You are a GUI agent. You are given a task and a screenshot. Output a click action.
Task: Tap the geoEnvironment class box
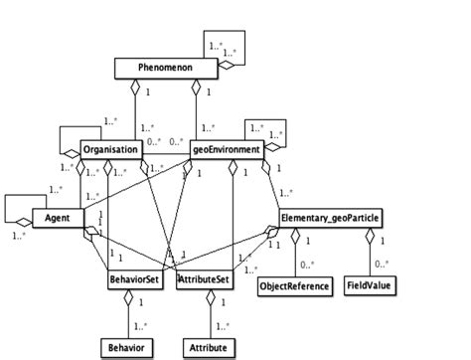point(226,151)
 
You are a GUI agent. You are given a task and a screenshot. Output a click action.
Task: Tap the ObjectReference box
point(293,286)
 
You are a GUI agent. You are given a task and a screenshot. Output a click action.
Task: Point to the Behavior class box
point(127,348)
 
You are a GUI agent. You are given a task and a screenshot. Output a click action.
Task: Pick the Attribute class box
point(209,348)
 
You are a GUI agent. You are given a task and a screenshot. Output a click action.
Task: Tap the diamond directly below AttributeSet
point(209,298)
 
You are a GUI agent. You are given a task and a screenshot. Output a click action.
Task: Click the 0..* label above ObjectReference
point(307,266)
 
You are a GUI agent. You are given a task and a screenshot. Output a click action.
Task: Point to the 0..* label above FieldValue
point(382,266)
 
